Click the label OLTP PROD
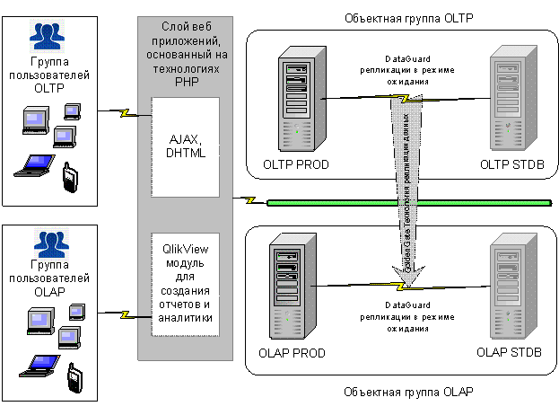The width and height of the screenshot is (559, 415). (x=296, y=163)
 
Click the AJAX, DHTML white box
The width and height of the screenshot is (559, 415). (x=187, y=147)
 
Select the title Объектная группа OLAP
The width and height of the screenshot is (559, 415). (x=408, y=393)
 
